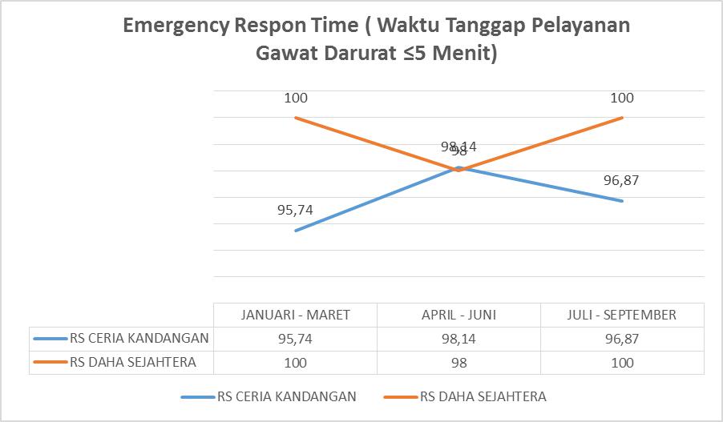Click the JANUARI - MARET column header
pyautogui.click(x=296, y=315)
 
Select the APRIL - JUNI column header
pyautogui.click(x=458, y=315)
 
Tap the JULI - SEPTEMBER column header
pyautogui.click(x=621, y=315)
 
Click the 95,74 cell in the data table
pyautogui.click(x=296, y=338)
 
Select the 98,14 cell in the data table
pyautogui.click(x=458, y=338)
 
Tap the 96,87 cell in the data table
pyautogui.click(x=621, y=338)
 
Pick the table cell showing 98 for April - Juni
pyautogui.click(x=458, y=363)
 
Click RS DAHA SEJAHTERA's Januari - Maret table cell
pyautogui.click(x=296, y=363)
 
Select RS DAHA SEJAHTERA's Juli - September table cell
pyautogui.click(x=621, y=363)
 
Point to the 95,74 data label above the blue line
pyautogui.click(x=295, y=211)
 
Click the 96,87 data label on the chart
pyautogui.click(x=621, y=180)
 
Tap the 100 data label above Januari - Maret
pyautogui.click(x=296, y=98)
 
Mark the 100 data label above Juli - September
pyautogui.click(x=621, y=98)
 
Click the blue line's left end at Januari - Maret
pyautogui.click(x=296, y=231)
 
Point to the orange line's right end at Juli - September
pyautogui.click(x=622, y=118)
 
